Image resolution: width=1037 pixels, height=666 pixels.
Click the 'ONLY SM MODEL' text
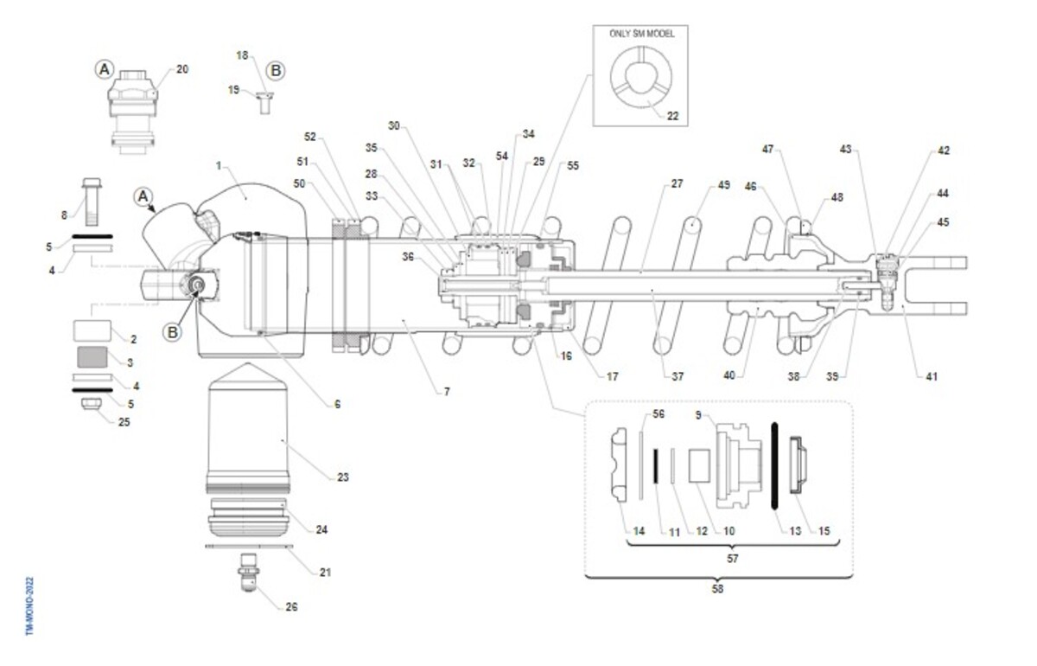pos(640,33)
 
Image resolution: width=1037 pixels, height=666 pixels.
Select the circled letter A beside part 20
pos(104,68)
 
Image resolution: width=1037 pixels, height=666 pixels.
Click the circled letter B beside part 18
pos(275,69)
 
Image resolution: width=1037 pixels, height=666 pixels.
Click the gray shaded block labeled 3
pos(92,356)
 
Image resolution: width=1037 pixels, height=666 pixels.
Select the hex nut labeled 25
pos(92,404)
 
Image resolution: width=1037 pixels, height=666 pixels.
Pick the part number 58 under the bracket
pos(717,589)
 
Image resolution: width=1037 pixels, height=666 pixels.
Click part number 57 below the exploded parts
pos(732,559)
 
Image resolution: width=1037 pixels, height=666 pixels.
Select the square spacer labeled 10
pos(698,465)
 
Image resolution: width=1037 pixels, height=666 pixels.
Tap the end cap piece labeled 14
pos(620,465)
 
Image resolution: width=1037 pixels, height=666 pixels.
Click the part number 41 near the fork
pos(931,376)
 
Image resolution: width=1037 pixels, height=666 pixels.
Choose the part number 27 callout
pos(677,184)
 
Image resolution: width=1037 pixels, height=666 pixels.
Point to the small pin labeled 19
pos(264,102)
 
